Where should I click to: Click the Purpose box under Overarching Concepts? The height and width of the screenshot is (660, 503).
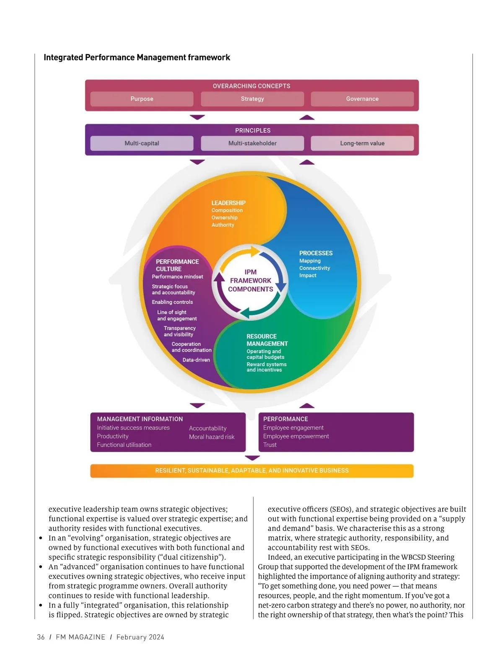click(142, 99)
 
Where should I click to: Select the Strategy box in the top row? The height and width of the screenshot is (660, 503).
click(252, 99)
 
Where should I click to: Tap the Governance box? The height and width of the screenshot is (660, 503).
click(362, 99)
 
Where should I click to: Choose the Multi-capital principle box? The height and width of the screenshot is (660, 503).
click(142, 143)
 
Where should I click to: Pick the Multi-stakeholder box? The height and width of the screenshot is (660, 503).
click(252, 143)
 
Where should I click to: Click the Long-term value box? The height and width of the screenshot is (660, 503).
click(362, 143)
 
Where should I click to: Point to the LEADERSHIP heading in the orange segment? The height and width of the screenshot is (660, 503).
click(228, 203)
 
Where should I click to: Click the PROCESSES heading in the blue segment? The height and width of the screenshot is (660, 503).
click(316, 253)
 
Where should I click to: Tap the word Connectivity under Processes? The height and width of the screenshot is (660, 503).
click(314, 268)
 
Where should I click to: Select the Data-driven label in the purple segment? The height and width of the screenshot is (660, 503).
click(196, 360)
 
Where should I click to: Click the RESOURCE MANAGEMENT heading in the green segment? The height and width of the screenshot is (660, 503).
click(267, 340)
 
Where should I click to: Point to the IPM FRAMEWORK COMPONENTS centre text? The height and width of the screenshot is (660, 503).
click(250, 281)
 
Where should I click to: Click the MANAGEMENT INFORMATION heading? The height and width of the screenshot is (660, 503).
click(140, 419)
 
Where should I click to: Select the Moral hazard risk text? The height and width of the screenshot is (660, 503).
click(212, 437)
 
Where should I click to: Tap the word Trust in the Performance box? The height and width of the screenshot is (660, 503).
click(270, 445)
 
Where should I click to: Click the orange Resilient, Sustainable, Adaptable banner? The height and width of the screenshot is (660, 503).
click(251, 471)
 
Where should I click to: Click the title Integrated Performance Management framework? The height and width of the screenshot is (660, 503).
click(137, 57)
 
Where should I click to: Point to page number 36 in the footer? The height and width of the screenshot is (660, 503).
click(41, 637)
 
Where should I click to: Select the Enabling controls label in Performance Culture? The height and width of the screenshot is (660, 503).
click(172, 302)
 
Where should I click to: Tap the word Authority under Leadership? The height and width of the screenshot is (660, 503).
click(223, 225)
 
